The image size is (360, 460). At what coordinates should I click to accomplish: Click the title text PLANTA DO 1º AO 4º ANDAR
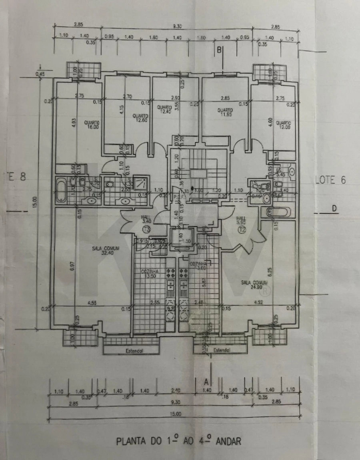point(179,442)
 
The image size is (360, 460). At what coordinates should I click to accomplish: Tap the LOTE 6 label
point(330,180)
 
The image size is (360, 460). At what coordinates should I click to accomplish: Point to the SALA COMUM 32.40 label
point(105,250)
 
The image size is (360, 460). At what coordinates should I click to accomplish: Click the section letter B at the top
point(219,50)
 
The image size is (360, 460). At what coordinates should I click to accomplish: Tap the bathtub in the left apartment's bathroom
point(61,192)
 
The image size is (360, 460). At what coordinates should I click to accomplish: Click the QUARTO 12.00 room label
point(282,125)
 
